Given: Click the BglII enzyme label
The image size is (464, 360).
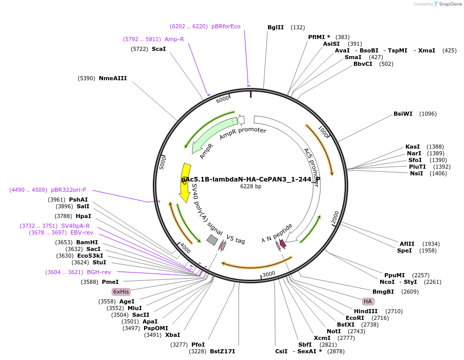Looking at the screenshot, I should point(276,27).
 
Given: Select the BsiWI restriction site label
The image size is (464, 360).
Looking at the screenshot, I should point(403,114).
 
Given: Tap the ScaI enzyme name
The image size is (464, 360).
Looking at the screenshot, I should point(158,49).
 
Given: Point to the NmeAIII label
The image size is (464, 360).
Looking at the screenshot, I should point(113,78).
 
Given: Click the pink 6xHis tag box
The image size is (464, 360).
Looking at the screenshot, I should point(121,291).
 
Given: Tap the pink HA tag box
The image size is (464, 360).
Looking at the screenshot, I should point(367,301).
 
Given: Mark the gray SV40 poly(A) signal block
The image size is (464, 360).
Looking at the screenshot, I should point(212,240).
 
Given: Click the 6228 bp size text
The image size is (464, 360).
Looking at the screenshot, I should point(251,186).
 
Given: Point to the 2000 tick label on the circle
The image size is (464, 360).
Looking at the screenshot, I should point(335,218).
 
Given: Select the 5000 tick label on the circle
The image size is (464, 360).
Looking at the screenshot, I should point(163,163).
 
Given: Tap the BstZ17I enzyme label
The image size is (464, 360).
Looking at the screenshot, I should point(222,351).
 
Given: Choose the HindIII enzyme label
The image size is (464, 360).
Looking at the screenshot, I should point(366,311).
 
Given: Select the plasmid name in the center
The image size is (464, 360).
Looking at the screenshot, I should point(251,179).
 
